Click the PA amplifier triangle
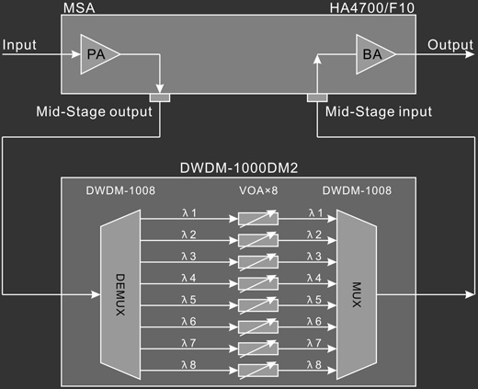[x=97, y=54]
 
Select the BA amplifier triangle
[x=373, y=54]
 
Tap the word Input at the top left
[x=19, y=45]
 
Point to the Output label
[x=450, y=45]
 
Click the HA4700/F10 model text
[x=372, y=8]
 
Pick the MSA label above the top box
[x=79, y=8]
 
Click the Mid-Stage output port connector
[x=160, y=97]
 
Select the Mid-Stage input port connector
[x=317, y=97]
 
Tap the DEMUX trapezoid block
[x=120, y=294]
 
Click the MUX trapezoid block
[x=357, y=294]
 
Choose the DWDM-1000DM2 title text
[x=239, y=168]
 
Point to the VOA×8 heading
[x=258, y=190]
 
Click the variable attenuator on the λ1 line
[x=258, y=219]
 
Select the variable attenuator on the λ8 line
[x=258, y=371]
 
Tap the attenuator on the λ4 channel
[x=258, y=284]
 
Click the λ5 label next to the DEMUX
[x=188, y=300]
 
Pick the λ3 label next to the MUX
[x=314, y=257]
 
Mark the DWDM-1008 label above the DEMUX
[x=120, y=190]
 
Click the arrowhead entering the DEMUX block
[x=96, y=294]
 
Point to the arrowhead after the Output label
[x=470, y=54]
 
